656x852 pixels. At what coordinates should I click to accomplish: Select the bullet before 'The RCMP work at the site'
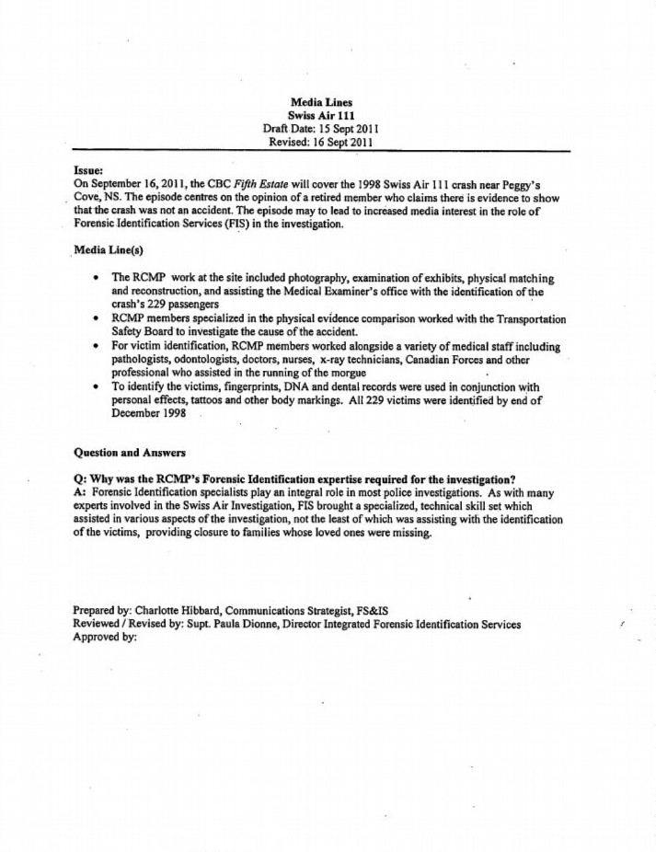(x=97, y=278)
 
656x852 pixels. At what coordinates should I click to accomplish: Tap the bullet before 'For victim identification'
(x=97, y=347)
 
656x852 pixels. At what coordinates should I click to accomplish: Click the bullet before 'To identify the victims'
(x=97, y=387)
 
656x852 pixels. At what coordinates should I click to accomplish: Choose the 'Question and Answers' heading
(x=129, y=453)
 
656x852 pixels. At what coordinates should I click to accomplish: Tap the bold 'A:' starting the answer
(x=79, y=493)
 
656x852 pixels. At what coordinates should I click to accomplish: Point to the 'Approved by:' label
(x=104, y=638)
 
